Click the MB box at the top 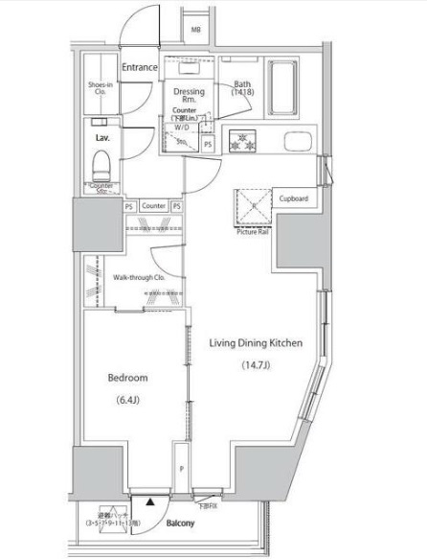pyautogui.click(x=196, y=30)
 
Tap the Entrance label pyautogui.click(x=141, y=66)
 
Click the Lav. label pyautogui.click(x=102, y=137)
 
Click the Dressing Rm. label pyautogui.click(x=188, y=97)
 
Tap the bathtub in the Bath pyautogui.click(x=283, y=88)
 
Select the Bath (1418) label pyautogui.click(x=242, y=88)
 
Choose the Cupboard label pyautogui.click(x=293, y=198)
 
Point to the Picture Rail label pyautogui.click(x=251, y=231)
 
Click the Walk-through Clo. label pyautogui.click(x=141, y=277)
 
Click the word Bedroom pyautogui.click(x=126, y=377)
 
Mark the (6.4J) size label pyautogui.click(x=127, y=400)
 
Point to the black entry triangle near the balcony pyautogui.click(x=149, y=501)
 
